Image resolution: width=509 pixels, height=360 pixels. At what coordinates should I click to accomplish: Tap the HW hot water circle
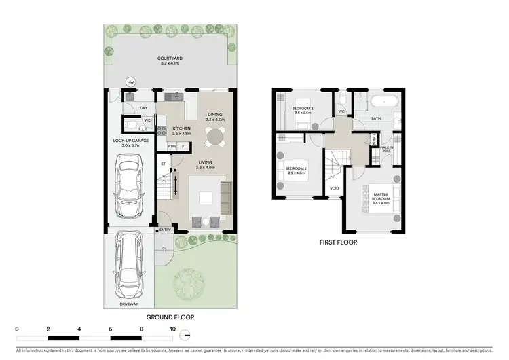130,83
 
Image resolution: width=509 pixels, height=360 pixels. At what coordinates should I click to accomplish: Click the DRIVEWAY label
128,304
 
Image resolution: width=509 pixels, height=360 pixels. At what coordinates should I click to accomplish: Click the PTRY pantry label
171,145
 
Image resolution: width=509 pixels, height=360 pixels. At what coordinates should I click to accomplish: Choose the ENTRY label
166,230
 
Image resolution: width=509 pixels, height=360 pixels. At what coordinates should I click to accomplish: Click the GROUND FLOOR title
170,317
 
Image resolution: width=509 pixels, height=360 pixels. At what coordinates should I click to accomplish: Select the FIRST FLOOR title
338,242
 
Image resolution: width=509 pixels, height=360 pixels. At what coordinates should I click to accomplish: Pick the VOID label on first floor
335,188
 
